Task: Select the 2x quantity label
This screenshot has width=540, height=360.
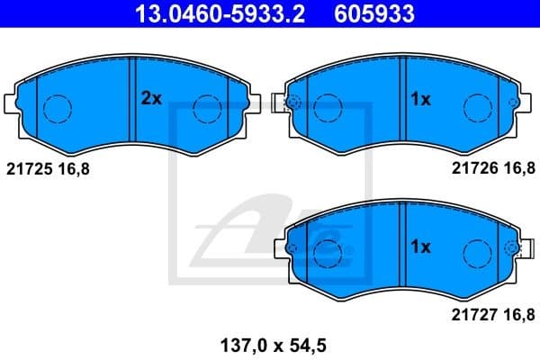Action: (150, 100)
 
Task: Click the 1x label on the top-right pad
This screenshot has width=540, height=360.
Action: (420, 100)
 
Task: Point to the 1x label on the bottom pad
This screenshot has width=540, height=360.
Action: (420, 247)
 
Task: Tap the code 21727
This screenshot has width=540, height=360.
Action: (472, 315)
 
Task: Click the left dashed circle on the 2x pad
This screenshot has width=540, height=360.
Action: (57, 109)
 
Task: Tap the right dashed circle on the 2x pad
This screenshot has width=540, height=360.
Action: (208, 109)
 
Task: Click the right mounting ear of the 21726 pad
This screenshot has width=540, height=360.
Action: (517, 100)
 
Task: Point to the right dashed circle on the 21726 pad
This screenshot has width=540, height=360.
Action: (476, 109)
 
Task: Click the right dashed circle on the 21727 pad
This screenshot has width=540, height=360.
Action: (476, 256)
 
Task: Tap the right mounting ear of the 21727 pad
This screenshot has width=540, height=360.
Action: (517, 247)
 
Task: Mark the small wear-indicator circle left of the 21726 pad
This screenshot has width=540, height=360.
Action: (292, 101)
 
